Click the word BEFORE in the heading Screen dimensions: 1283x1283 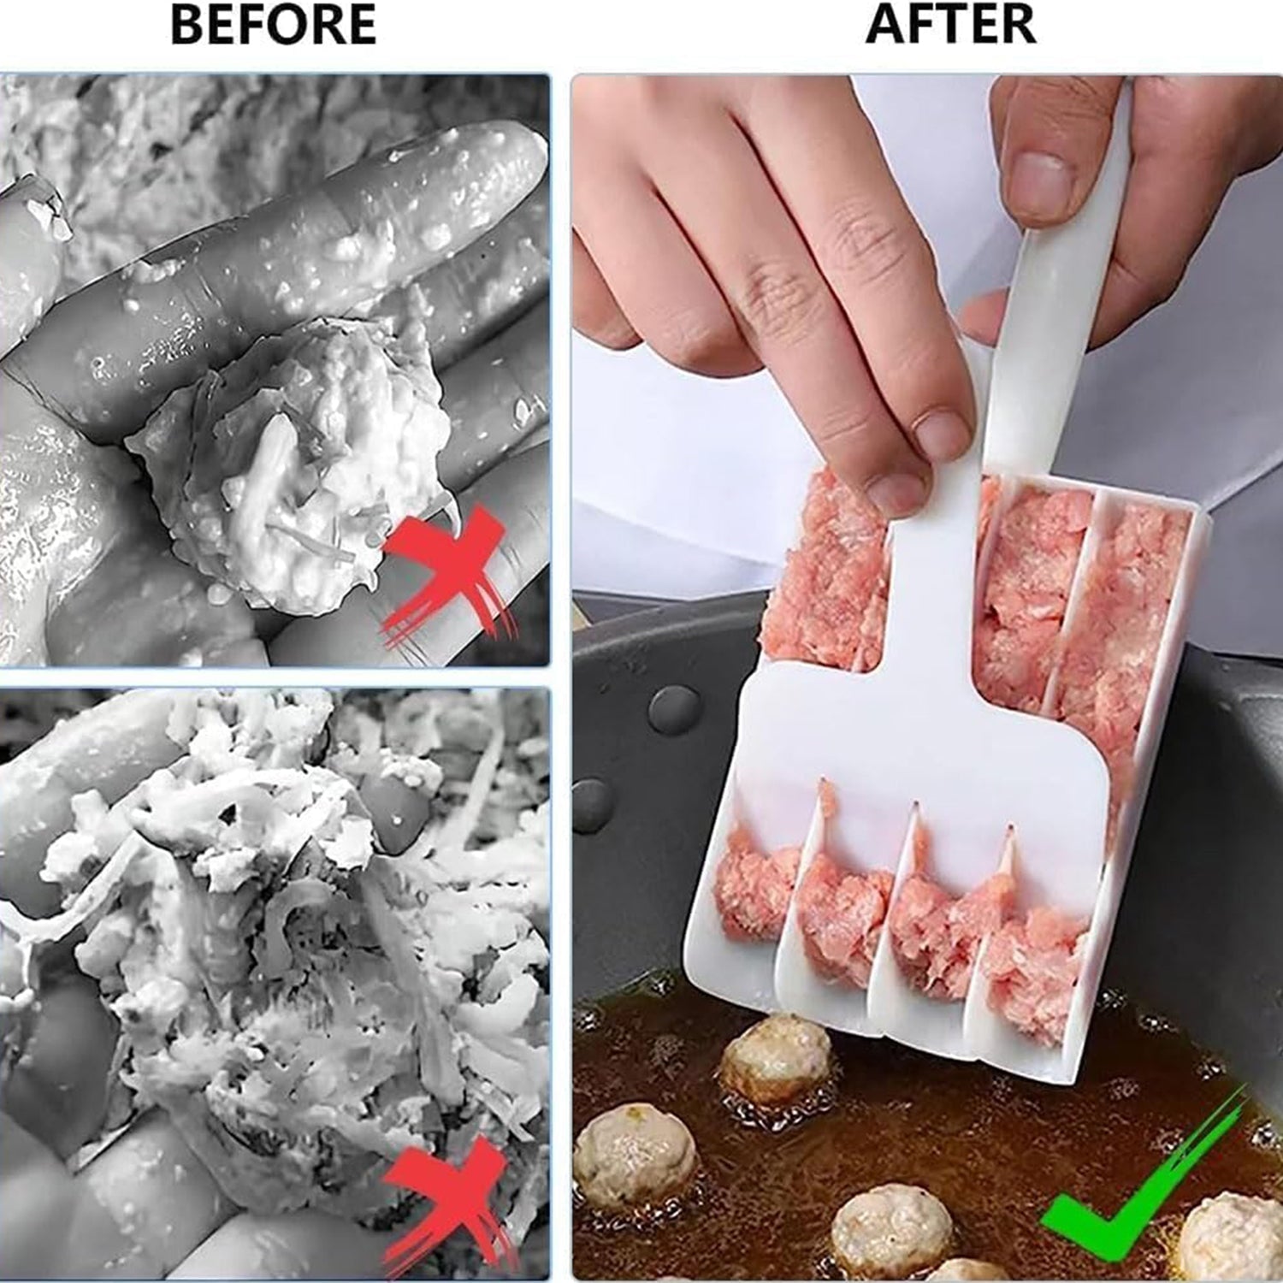[x=273, y=25]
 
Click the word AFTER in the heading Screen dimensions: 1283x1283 [x=950, y=24]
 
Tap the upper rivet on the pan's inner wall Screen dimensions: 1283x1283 [x=675, y=709]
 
